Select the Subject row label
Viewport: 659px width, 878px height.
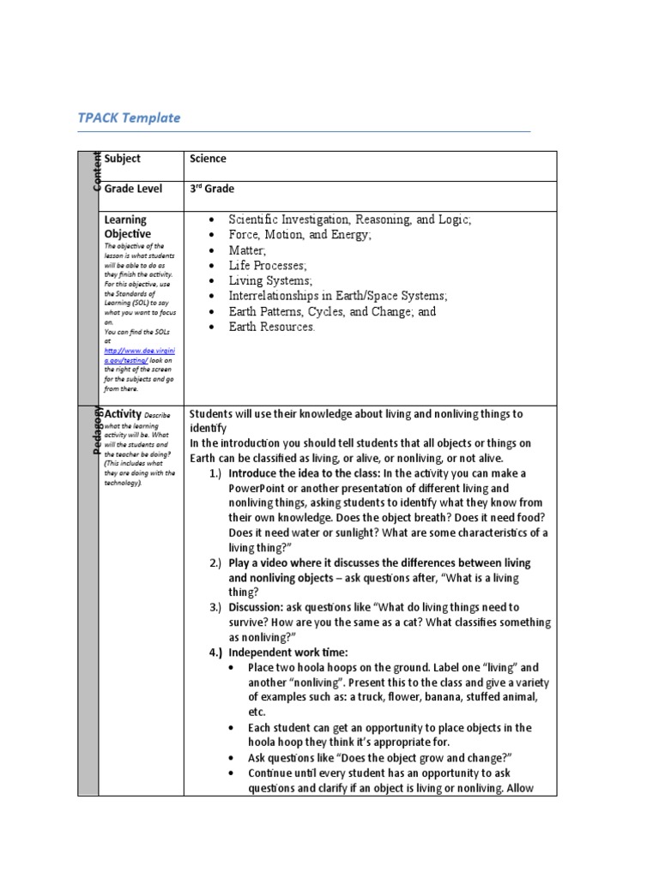coord(123,159)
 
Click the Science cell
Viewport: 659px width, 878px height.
coord(208,159)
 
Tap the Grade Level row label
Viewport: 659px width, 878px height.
coord(133,189)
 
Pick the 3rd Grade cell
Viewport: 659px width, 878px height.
coord(212,189)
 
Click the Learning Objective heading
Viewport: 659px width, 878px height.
coord(127,226)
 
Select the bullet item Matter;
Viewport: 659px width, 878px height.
coord(248,250)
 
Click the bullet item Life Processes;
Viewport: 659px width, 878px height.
coord(268,265)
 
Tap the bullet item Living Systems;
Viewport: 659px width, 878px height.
coord(270,280)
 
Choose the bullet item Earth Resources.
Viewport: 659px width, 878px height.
coord(272,327)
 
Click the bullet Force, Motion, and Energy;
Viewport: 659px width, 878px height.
coord(299,234)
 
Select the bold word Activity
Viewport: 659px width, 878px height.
coord(123,414)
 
